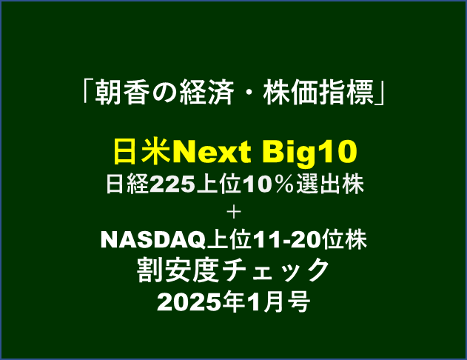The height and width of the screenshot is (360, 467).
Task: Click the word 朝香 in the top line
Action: click(122, 93)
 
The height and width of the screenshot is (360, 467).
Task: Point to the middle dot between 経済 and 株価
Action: click(248, 93)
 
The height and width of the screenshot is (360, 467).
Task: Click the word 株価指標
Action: click(318, 93)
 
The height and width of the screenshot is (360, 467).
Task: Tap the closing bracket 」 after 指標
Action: click(380, 94)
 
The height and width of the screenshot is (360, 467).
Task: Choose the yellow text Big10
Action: click(309, 153)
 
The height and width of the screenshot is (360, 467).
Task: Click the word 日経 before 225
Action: click(127, 184)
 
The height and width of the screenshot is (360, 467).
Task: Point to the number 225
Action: click(172, 184)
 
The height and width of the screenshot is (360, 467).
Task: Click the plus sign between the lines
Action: click(234, 213)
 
